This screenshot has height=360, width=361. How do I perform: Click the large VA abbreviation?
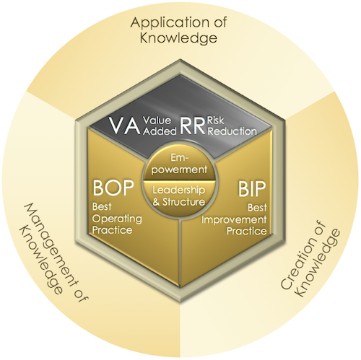(124, 125)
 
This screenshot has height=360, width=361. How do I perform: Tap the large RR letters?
(193, 126)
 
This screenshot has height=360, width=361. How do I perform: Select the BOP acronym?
(113, 188)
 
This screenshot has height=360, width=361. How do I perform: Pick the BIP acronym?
(252, 189)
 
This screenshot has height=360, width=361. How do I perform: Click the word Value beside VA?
(157, 120)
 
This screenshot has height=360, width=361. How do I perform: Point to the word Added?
(160, 131)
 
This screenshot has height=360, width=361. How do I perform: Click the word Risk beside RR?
(216, 120)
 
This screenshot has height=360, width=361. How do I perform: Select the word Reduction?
(232, 131)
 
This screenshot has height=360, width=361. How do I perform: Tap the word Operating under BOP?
(117, 219)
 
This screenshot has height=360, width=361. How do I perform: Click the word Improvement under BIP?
(234, 220)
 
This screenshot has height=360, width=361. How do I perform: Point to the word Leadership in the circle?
(179, 190)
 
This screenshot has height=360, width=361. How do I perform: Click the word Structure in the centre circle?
(184, 202)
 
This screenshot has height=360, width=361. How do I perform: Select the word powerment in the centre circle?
(180, 170)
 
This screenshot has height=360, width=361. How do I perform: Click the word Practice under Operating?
(113, 230)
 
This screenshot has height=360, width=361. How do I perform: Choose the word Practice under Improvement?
(247, 232)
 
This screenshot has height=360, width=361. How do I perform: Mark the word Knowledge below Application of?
(178, 39)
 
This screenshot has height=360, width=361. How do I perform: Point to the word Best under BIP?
(258, 208)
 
